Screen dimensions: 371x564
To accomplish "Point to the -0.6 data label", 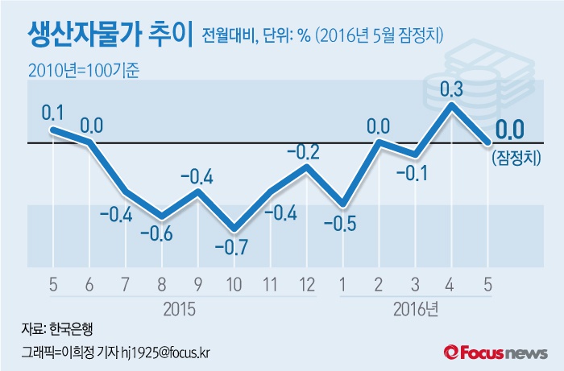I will tap(162, 235).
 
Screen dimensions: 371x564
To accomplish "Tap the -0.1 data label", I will tap(416, 173).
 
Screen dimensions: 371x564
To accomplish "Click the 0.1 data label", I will tap(54, 111).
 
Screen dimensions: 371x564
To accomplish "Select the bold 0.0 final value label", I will tap(509, 129).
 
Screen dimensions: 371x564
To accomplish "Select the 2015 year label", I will tap(180, 308).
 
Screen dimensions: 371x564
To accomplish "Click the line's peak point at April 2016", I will tap(452, 105).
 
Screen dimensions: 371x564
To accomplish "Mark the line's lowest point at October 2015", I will tap(234, 229).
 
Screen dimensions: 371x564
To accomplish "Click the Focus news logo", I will tap(496, 352).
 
